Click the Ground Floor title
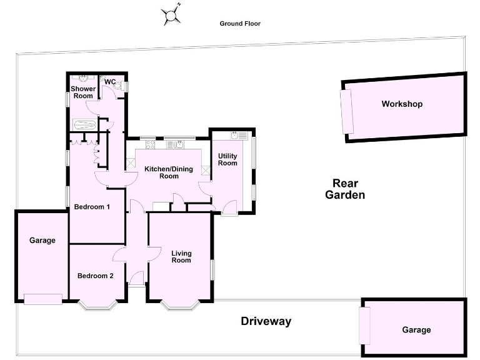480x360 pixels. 240,24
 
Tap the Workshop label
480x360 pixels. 402,104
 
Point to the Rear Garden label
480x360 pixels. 344,189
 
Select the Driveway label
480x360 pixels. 266,322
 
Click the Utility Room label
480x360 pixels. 227,159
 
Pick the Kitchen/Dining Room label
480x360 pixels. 169,172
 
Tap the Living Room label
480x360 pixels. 181,256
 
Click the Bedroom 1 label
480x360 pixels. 92,207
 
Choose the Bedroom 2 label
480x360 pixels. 95,276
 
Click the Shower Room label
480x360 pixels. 83,92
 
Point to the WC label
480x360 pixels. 110,82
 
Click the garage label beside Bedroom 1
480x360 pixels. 42,240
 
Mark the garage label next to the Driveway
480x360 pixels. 416,330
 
